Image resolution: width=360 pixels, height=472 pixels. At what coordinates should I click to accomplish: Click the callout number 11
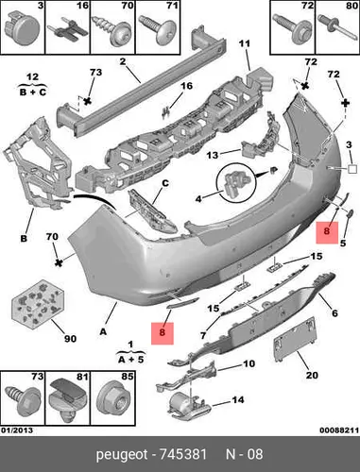coord(244,43)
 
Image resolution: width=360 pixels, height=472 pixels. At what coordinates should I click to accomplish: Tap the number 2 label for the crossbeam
coord(123,60)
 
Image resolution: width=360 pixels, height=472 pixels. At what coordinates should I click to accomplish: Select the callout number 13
coord(213,155)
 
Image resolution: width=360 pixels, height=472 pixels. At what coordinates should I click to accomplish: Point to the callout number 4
coord(198,199)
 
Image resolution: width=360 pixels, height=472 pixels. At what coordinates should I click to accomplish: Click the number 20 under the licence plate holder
coord(312,375)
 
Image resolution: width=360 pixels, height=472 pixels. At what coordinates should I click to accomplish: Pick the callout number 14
coord(238,399)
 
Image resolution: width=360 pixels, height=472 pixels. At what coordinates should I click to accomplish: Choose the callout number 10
coord(249,363)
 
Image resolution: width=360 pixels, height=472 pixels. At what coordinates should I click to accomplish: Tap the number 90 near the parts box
coord(70,339)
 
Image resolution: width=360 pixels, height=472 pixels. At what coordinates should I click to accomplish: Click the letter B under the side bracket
coord(24,239)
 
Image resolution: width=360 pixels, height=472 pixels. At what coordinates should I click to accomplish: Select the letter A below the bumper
coord(103,331)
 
